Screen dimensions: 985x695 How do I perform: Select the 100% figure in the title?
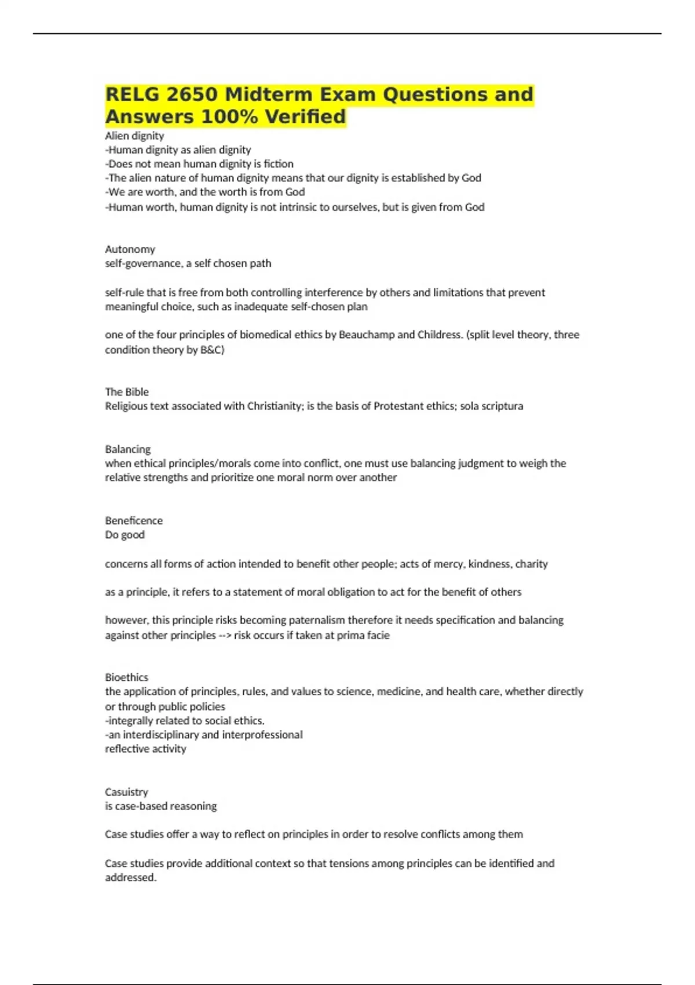pos(228,116)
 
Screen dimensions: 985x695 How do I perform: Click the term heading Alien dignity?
pos(134,136)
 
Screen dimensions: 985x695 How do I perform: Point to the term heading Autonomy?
pos(130,249)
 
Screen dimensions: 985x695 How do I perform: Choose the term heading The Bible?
pos(127,392)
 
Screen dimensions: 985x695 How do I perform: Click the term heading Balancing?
pos(127,449)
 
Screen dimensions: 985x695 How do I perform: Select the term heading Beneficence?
pos(134,520)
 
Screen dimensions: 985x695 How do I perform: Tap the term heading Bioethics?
pos(126,677)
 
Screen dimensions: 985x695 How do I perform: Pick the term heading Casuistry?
pos(126,791)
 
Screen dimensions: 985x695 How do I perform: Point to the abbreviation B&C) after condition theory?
pos(212,349)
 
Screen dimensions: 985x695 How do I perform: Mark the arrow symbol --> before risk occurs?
pos(225,635)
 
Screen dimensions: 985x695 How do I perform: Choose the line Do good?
pos(125,535)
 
